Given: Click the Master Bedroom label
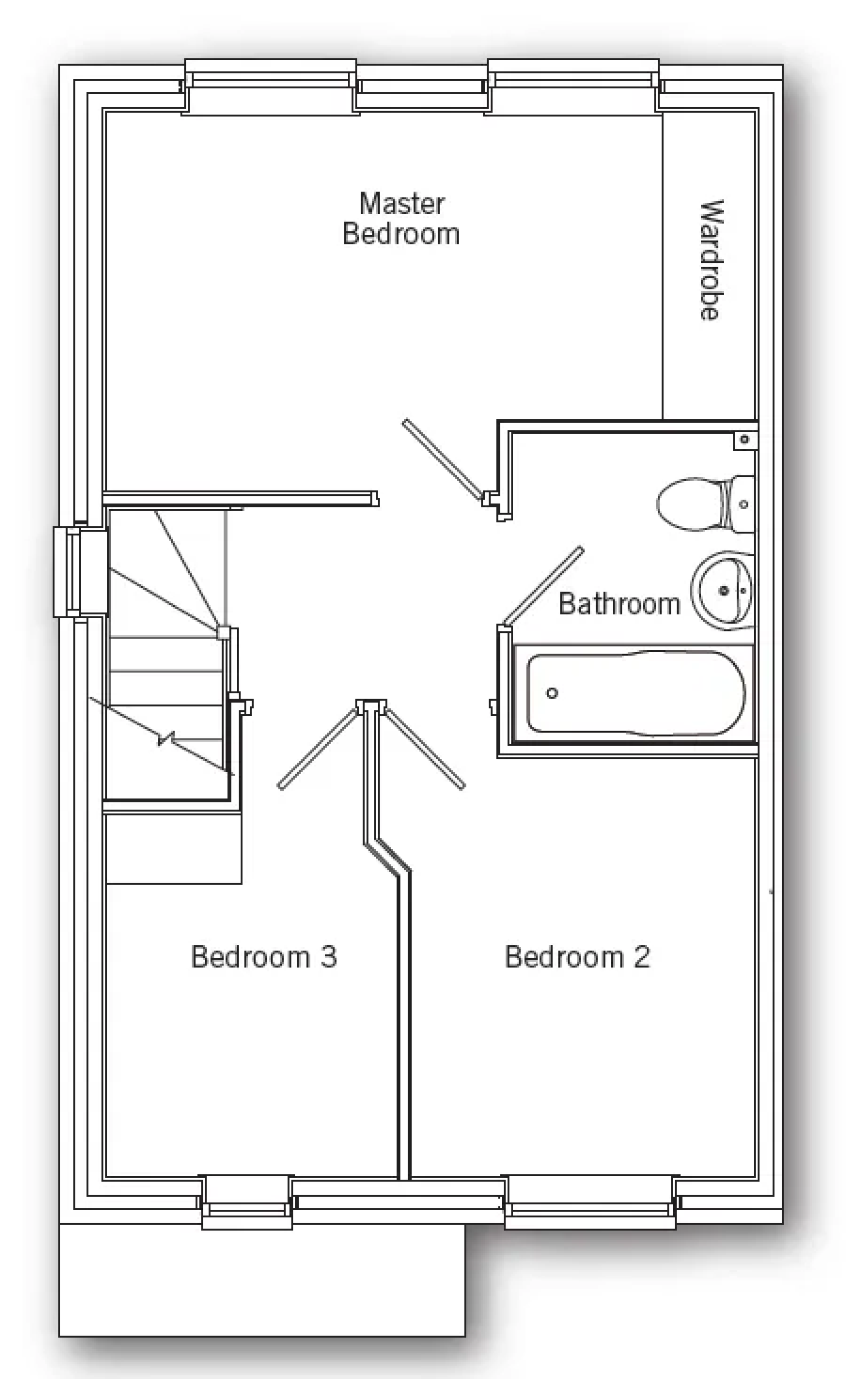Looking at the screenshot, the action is [401, 219].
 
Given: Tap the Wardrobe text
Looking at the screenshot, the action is [711, 260].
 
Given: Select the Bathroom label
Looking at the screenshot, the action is [619, 604].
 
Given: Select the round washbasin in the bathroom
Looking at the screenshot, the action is [723, 590].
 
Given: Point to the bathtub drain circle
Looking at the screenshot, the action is [552, 693].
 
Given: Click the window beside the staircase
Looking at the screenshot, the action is [80, 572].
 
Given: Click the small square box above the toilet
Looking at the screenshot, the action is [745, 440].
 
